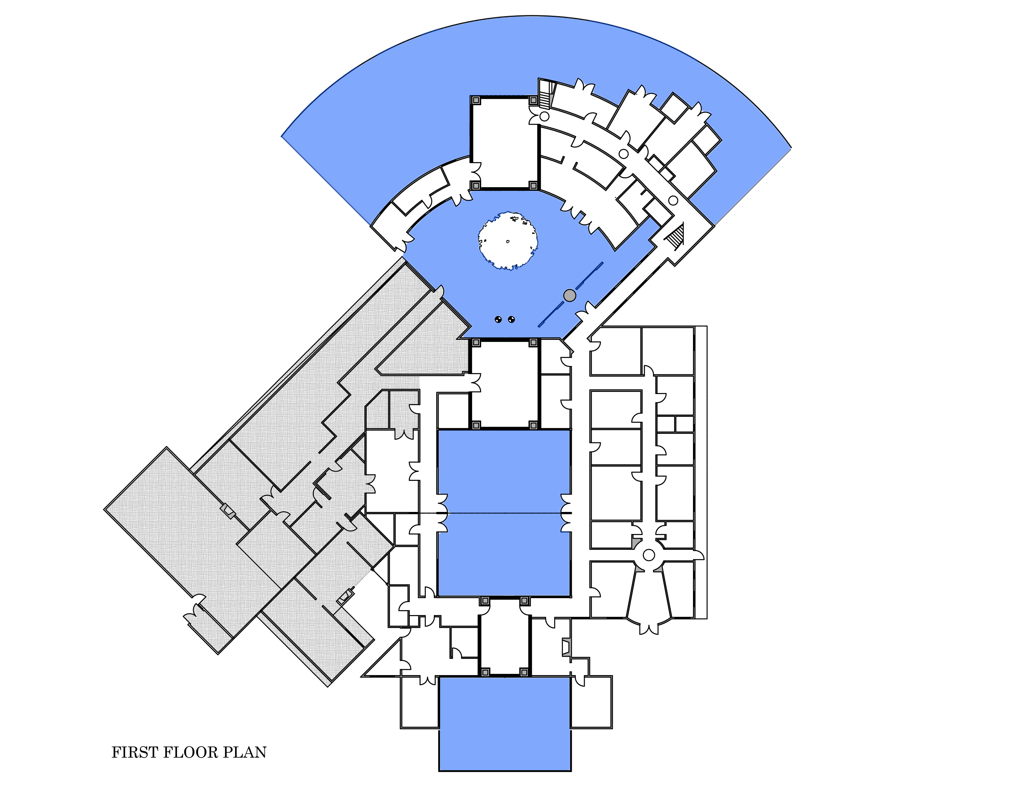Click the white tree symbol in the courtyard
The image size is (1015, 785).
coord(508,241)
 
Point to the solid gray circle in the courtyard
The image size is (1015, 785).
coord(569,295)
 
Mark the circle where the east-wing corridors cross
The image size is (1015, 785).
coord(649,555)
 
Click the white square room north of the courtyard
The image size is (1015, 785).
coord(505,143)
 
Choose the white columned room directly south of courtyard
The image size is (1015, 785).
coord(505,383)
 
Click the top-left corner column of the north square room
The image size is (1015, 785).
coord(476,100)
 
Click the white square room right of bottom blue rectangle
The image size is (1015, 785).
coord(591,702)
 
